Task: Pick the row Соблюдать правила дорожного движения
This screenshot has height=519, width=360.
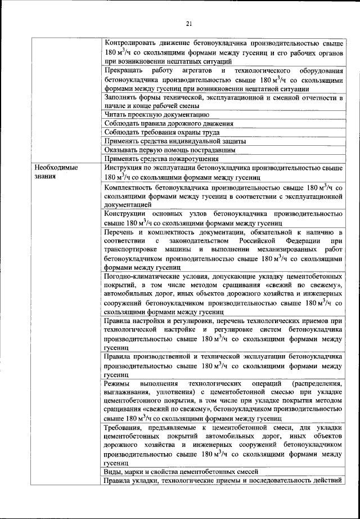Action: (x=169, y=123)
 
